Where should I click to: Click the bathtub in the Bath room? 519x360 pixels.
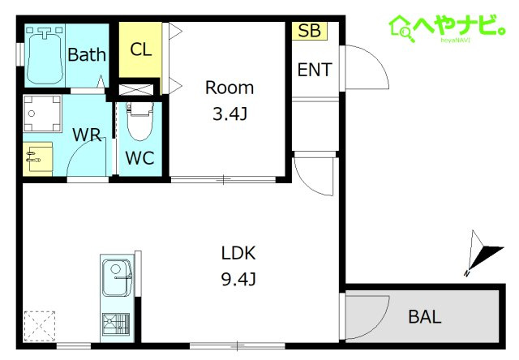point(45,56)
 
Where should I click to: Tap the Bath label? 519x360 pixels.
point(87,54)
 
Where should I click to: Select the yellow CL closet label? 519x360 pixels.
point(140,49)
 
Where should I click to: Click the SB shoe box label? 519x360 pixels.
point(310,31)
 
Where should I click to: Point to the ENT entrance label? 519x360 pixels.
point(315,70)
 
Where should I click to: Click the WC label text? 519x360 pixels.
point(140,158)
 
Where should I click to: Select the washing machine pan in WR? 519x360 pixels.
point(42,114)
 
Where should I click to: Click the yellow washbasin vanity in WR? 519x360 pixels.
point(38,159)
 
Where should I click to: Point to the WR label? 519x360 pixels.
point(87,135)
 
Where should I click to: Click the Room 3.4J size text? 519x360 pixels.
point(229,114)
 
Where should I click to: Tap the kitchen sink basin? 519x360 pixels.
point(116,277)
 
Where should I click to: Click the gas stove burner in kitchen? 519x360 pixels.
point(116,324)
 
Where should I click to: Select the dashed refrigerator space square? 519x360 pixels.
point(40,326)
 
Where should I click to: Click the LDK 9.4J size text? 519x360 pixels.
point(238,280)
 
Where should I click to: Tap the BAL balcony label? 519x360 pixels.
point(425,317)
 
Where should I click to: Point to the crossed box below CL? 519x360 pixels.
point(136,89)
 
